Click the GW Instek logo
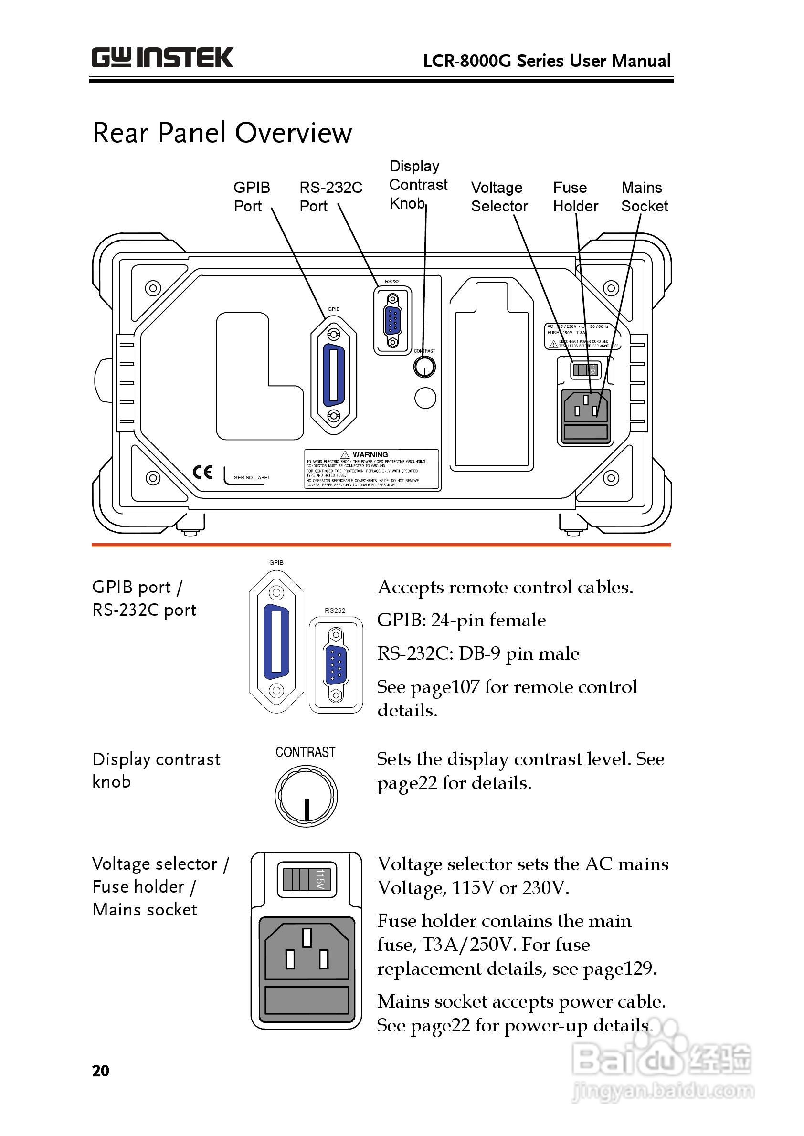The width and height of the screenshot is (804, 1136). point(162,58)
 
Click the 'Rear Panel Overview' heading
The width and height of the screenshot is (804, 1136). point(222,133)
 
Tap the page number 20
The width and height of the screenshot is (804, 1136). point(100,1071)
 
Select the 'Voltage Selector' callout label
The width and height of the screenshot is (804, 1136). point(499,197)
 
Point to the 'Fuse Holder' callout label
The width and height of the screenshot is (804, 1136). point(575,197)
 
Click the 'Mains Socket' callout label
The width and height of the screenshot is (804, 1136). point(644,197)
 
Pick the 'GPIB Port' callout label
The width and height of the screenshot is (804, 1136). point(252,197)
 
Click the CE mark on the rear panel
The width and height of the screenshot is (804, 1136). point(202,472)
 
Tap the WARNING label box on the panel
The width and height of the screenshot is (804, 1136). point(372,469)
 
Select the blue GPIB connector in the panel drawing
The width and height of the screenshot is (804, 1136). point(334,375)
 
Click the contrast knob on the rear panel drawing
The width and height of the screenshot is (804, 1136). point(424,367)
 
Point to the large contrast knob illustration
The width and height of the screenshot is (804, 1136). point(306,796)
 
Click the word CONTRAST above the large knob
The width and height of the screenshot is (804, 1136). point(306,752)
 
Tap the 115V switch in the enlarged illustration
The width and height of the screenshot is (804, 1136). point(307,879)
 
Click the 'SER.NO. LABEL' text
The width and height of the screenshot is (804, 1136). point(252,478)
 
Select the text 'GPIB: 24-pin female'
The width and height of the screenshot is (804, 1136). point(461,620)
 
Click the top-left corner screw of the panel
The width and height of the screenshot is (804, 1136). point(153,288)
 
